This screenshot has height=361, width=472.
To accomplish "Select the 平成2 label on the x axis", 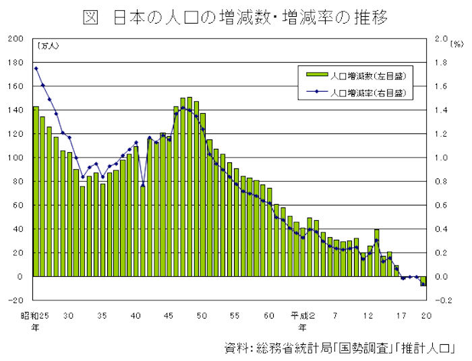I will [302, 315].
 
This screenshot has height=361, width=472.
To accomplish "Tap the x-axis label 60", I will [269, 315].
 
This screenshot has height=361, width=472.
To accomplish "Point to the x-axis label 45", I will [169, 315].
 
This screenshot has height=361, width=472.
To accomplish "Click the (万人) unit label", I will [49, 46].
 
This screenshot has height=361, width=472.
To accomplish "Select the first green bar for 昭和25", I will [36, 191].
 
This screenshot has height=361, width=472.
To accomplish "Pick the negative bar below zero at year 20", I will [423, 281].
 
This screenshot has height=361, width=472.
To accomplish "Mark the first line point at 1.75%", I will [36, 68].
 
